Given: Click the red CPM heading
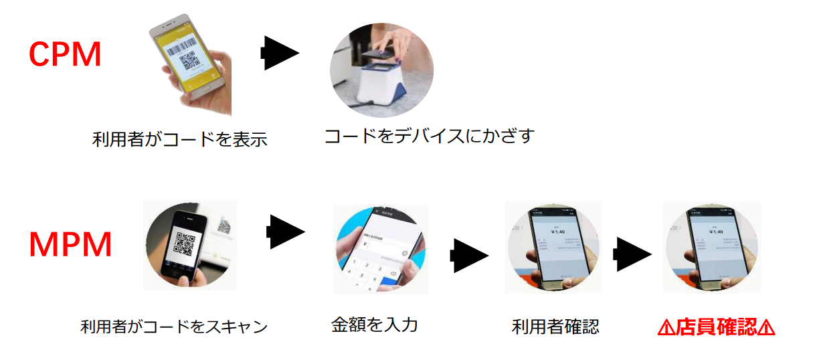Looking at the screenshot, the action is point(65,55).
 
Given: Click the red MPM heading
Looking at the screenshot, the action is point(70,246).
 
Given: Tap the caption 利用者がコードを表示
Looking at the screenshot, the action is point(179,140).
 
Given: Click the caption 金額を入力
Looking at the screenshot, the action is point(374,325).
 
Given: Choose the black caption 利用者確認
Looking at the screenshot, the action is point(555,327).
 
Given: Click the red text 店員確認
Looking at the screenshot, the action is point(715,327).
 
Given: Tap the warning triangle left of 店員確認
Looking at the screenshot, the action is point(666,327).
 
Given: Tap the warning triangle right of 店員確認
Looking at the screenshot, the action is point(767,327).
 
